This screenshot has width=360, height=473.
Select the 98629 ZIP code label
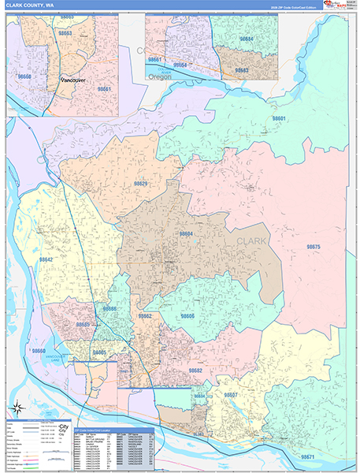tap(140, 183)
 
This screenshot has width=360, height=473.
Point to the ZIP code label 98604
tap(185, 233)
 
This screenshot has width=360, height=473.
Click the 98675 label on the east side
tap(314, 247)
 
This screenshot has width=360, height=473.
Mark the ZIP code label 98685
tap(83, 324)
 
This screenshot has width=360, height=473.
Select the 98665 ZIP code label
tap(98, 352)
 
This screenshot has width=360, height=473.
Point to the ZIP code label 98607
tap(231, 393)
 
